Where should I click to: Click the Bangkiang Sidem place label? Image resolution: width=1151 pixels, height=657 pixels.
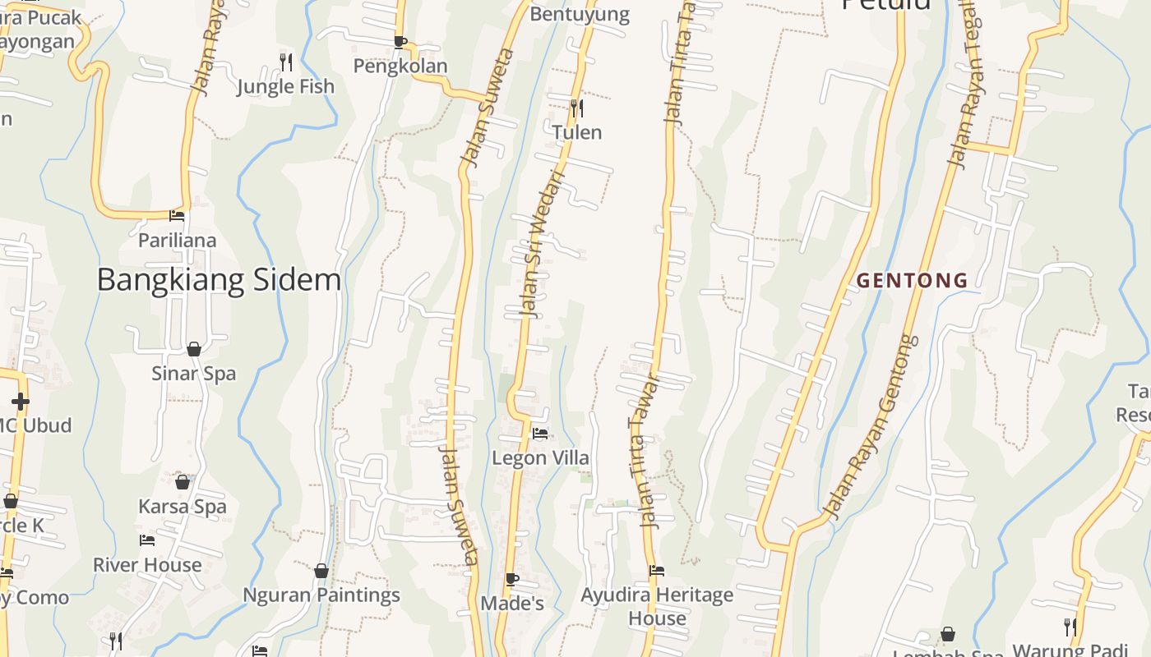[219, 280]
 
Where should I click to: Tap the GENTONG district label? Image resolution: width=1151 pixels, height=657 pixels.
[912, 281]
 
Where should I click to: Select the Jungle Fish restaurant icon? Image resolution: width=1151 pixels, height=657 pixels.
[286, 62]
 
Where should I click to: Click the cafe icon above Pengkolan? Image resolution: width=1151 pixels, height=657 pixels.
[400, 42]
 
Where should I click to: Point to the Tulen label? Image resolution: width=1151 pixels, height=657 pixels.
[577, 132]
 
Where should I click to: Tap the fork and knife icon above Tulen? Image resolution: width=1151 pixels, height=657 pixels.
[577, 108]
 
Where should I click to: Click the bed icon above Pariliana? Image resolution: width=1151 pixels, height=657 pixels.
[177, 216]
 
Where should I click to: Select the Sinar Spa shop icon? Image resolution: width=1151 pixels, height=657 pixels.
[194, 349]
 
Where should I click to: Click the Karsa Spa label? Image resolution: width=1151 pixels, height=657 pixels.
[182, 507]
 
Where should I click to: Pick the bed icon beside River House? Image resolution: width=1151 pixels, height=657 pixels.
[147, 540]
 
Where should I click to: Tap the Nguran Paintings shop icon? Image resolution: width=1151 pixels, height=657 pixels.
[321, 570]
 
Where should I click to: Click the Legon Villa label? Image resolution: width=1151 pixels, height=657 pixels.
[540, 457]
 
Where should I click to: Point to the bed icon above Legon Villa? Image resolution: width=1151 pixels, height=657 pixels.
[540, 434]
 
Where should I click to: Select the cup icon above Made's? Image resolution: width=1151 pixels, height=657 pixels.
[512, 579]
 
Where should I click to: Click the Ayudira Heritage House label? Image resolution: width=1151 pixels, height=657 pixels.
[657, 606]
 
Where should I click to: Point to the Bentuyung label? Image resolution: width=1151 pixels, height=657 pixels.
[580, 14]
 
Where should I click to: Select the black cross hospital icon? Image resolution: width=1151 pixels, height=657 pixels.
[21, 402]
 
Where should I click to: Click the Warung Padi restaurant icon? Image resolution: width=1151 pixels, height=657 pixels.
[1070, 627]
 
